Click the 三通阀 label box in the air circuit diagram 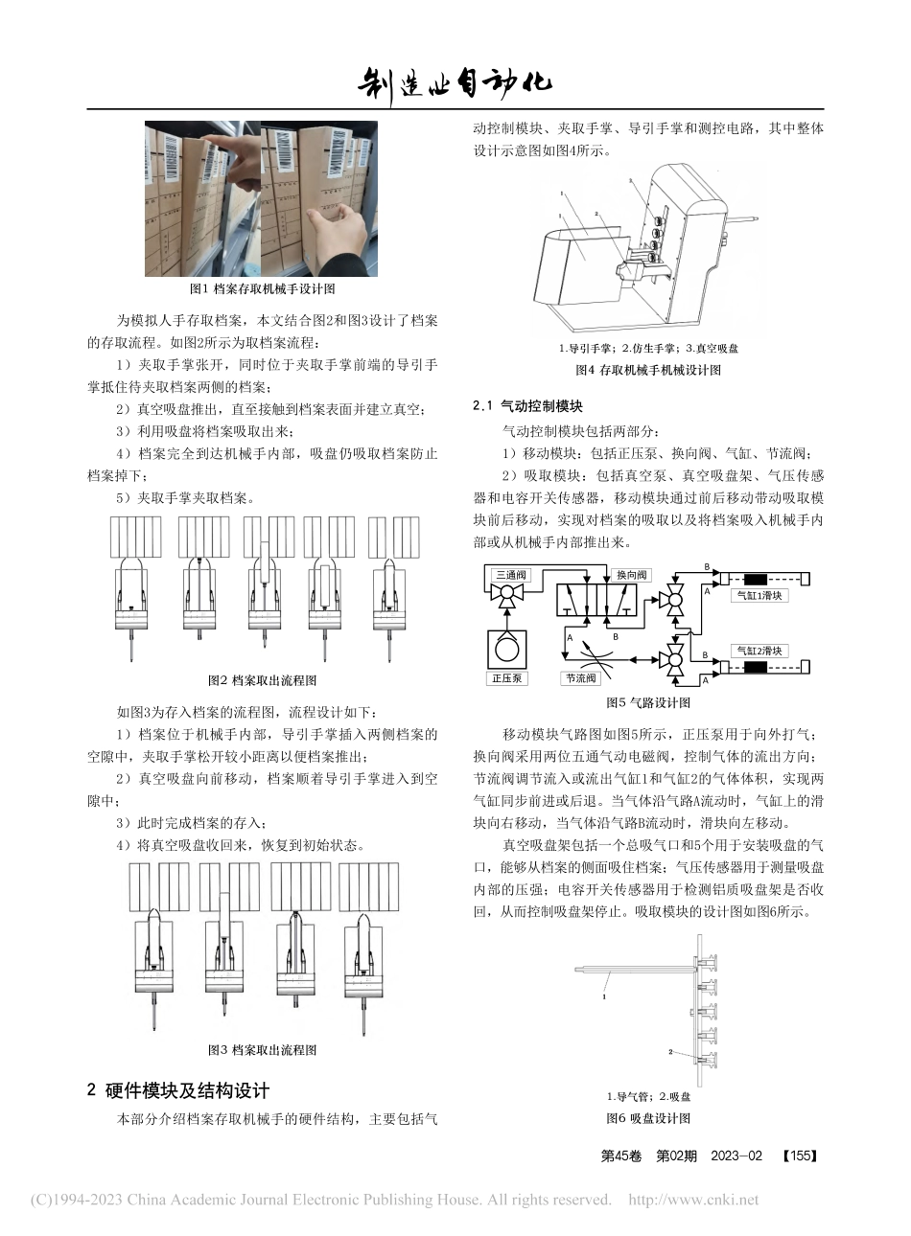pos(509,575)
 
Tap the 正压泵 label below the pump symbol pos(506,678)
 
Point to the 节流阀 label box pos(581,678)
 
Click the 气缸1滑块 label pos(758,596)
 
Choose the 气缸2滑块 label pos(758,651)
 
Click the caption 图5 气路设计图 pos(647,703)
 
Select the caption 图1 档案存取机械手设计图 pos(262,288)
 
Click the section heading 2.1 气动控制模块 pos(527,406)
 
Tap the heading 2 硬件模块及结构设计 pos(178,1090)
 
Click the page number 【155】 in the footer pos(799,1156)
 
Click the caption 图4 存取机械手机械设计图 pos(647,370)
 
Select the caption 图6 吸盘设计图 pos(647,1118)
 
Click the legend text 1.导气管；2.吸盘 pos(648,1096)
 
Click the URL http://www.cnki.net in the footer pos(692,1200)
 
